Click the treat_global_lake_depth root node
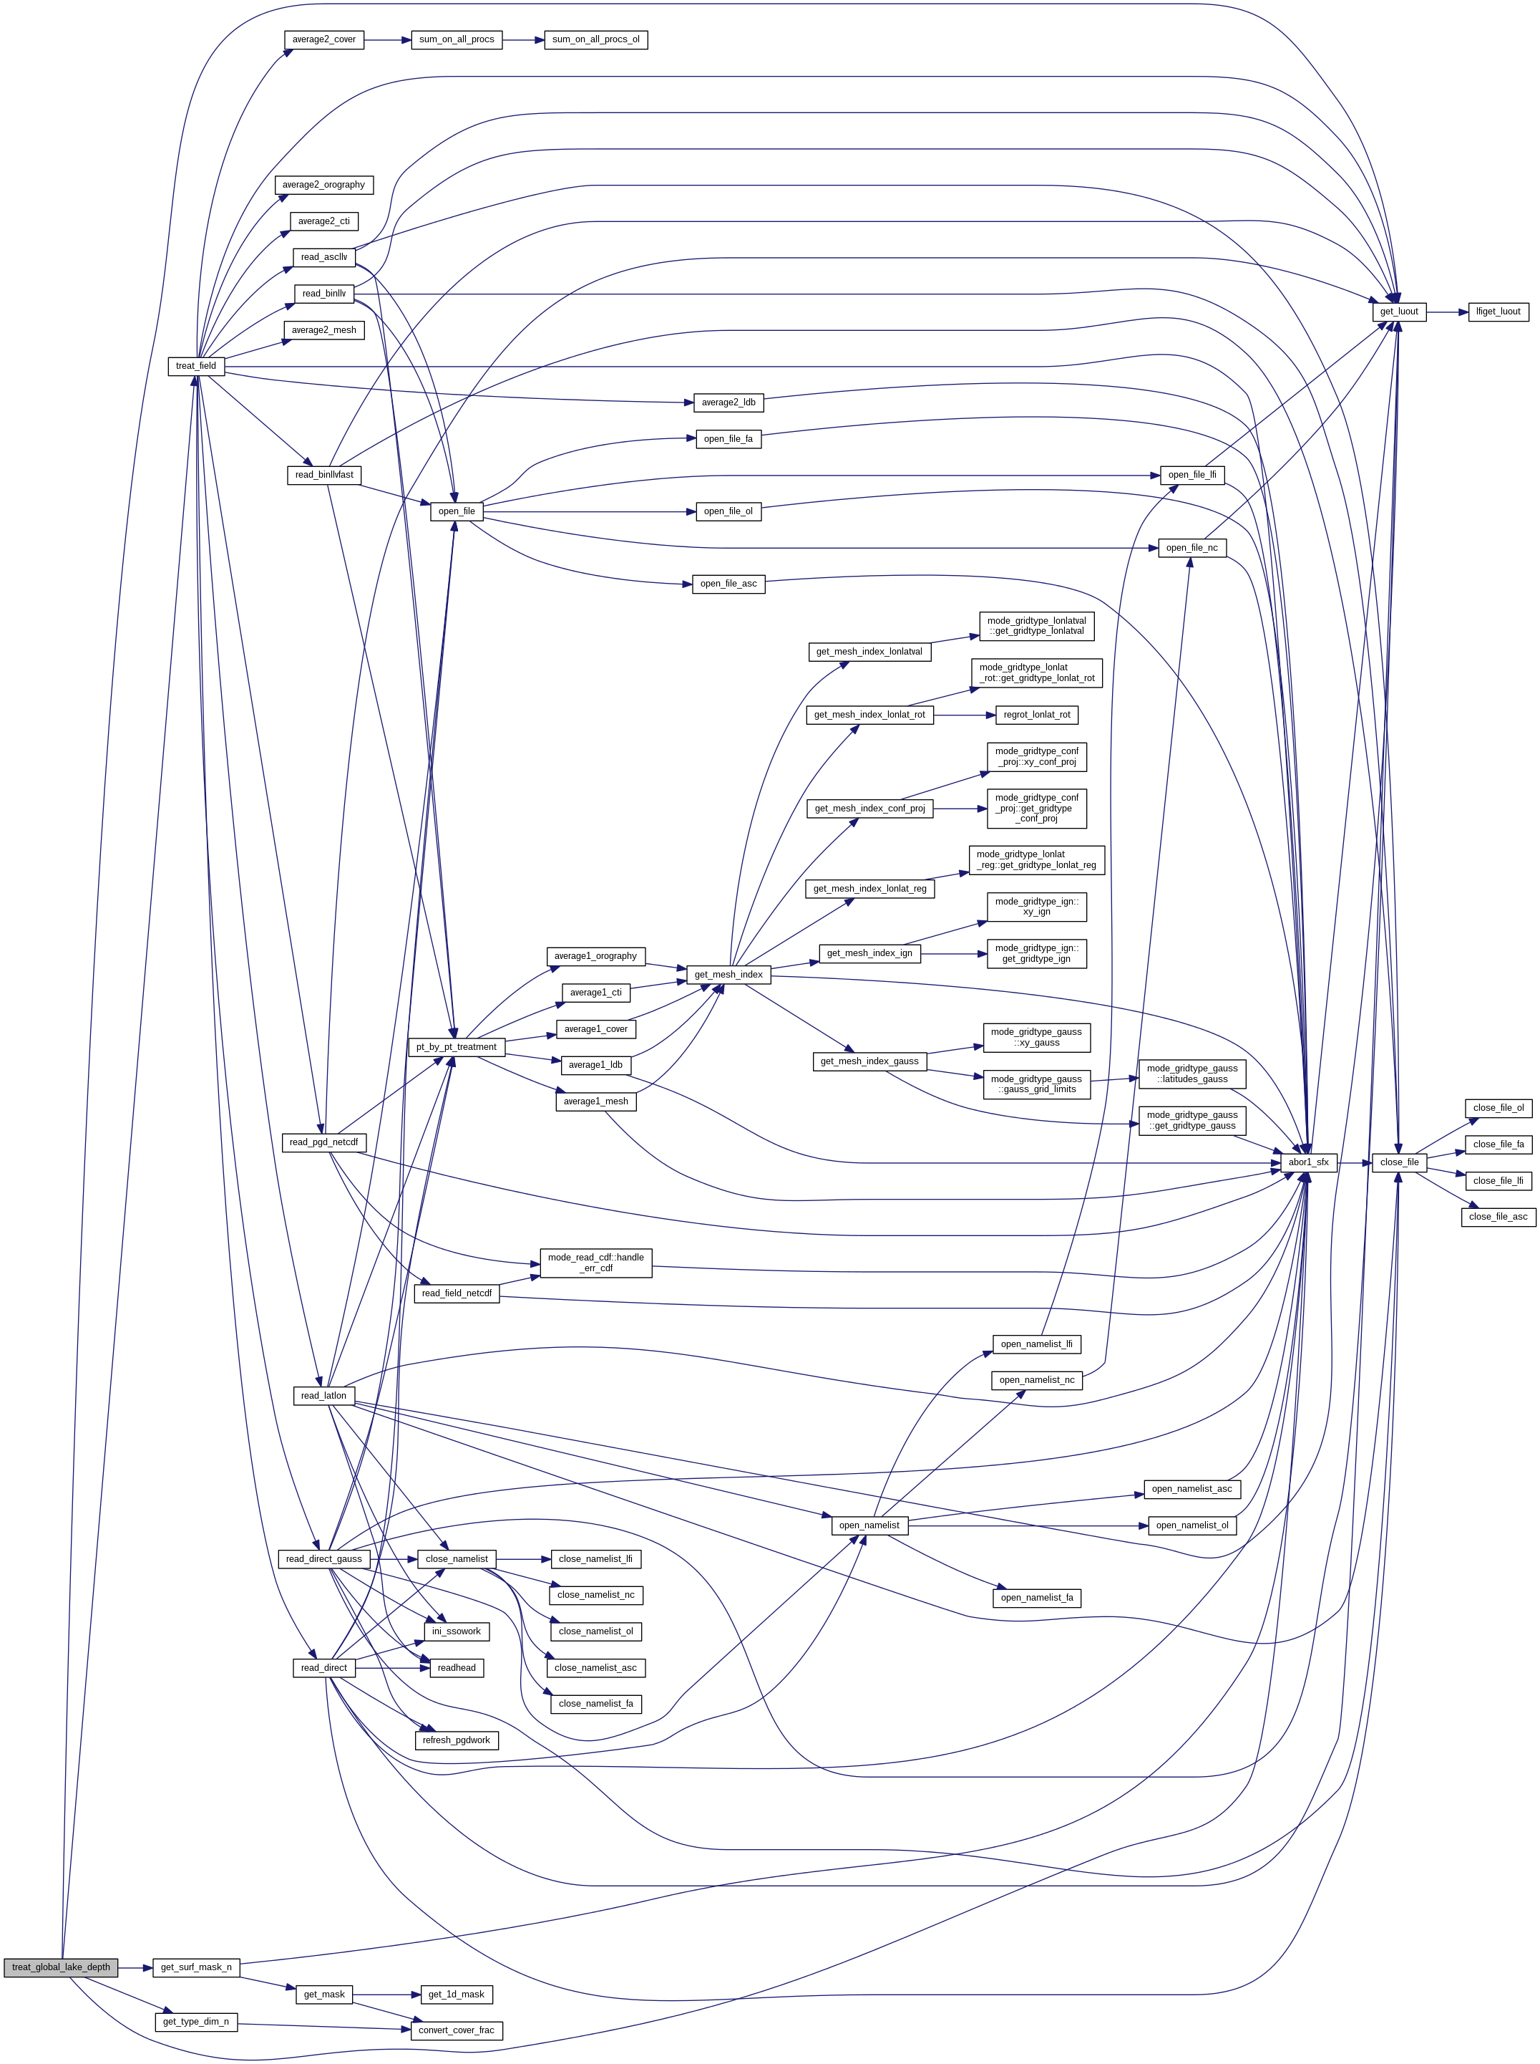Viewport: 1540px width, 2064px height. pos(61,1967)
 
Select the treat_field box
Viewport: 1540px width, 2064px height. pos(196,366)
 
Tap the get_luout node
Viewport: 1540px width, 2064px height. pos(1398,312)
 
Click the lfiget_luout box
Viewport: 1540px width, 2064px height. pos(1498,312)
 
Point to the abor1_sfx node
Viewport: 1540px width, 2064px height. pos(1308,1162)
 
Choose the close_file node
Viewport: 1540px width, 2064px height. pos(1398,1162)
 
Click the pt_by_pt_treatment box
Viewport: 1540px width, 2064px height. pos(456,1046)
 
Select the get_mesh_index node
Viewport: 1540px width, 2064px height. pos(728,975)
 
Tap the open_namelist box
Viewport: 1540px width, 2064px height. pos(869,1525)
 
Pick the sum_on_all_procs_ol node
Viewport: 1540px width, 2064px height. pos(595,39)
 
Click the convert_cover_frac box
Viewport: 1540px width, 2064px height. pos(457,2030)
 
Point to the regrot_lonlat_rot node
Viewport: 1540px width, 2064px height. pos(1037,715)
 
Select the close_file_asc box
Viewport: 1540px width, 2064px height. pos(1498,1216)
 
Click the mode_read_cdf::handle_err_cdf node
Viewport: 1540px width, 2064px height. pos(595,1263)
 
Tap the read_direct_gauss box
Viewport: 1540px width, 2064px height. pos(323,1558)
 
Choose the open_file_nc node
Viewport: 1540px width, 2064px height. pos(1191,547)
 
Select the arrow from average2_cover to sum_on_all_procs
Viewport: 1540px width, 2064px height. pos(387,39)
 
